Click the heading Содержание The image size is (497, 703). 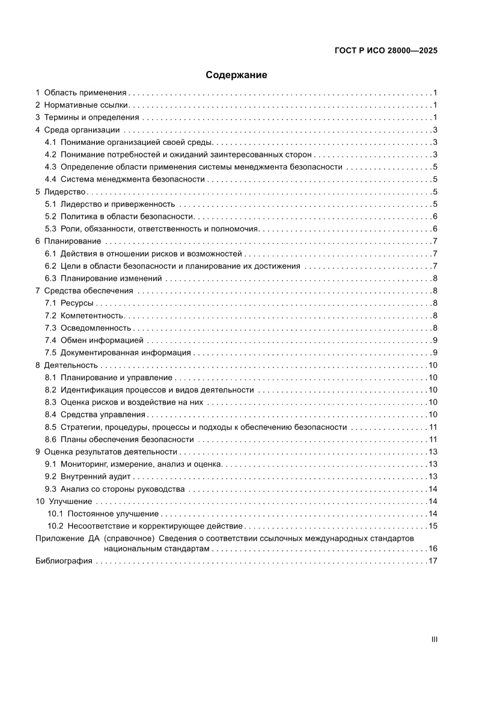pos(236,75)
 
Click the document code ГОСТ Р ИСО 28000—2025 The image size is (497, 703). pos(385,51)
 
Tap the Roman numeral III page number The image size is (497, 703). pos(434,639)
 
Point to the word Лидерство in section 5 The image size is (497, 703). pos(66,192)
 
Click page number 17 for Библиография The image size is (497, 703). pos(432,561)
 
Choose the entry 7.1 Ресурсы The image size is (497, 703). pos(76,303)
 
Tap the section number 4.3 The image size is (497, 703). pos(50,167)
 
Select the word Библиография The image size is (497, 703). pos(64,561)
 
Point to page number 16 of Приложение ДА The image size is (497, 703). pos(432,548)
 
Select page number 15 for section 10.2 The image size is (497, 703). pos(432,526)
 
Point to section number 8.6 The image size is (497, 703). pos(50,439)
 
